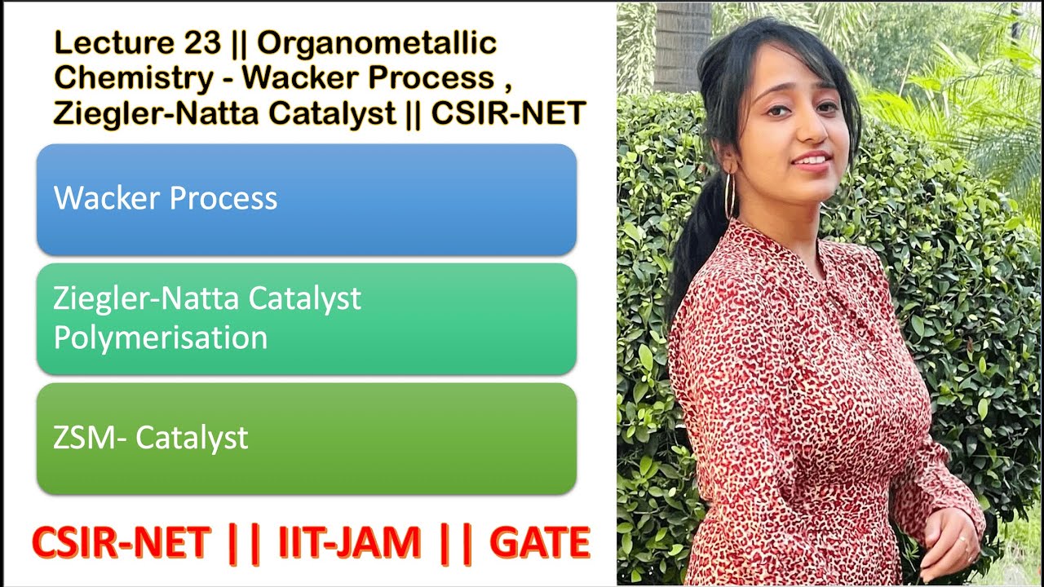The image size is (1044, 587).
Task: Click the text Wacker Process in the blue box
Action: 166,198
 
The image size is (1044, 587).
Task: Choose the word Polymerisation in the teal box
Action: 161,337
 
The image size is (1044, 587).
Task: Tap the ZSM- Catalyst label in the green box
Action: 151,438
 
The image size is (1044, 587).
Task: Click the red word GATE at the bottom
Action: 539,544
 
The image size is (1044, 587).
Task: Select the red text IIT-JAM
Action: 350,544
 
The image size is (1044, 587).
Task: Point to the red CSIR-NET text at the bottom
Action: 122,544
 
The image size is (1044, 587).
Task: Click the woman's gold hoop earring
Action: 729,196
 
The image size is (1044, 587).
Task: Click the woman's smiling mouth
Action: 812,159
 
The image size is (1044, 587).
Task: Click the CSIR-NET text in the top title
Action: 507,113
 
